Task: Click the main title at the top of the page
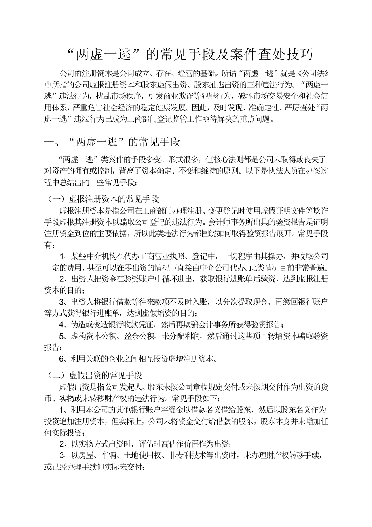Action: [x=189, y=54]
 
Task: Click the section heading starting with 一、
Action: [x=112, y=142]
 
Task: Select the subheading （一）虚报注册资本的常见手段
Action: [x=104, y=199]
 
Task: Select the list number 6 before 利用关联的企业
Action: [x=62, y=358]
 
